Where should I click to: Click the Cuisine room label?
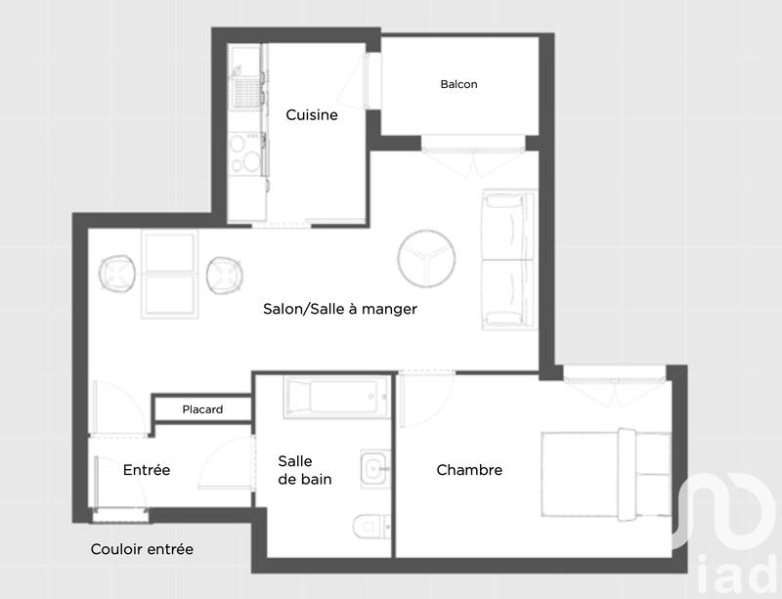[312, 115]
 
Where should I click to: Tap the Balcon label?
[458, 84]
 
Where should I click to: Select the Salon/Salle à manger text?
[340, 309]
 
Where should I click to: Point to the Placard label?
[202, 409]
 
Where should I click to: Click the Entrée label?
[147, 470]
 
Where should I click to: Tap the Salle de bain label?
[304, 469]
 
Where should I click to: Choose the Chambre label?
[469, 470]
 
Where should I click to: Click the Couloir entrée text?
[142, 549]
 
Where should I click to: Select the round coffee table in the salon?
[427, 259]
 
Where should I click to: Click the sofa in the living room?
[508, 259]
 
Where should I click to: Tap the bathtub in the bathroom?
[335, 398]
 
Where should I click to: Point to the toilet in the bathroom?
[370, 526]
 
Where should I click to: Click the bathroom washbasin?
[374, 469]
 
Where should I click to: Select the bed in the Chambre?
[606, 472]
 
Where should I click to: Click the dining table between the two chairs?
[171, 275]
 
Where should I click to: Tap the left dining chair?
[118, 274]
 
